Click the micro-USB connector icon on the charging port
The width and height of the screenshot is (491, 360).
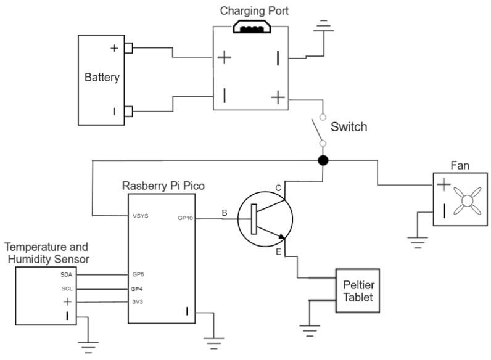(252, 27)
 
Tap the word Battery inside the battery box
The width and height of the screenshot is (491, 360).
(102, 77)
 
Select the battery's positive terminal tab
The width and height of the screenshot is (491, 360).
(128, 48)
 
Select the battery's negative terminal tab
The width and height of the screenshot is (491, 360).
(128, 112)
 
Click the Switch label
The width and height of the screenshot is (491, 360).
(349, 127)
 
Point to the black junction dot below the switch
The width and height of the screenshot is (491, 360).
(323, 160)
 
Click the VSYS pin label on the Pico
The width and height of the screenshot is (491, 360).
(140, 216)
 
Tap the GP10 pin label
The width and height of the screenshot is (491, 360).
(186, 218)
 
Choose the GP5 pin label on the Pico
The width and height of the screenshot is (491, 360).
(138, 274)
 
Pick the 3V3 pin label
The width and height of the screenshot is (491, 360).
(138, 302)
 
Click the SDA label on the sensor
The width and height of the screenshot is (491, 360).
(67, 274)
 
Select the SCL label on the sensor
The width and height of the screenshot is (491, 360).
(67, 288)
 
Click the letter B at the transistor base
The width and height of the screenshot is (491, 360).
(225, 213)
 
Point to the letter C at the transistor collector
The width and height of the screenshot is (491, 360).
(278, 188)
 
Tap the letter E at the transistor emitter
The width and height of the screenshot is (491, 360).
(278, 252)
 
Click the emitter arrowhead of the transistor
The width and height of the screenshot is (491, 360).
(282, 236)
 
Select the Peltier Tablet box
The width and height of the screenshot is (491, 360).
(358, 290)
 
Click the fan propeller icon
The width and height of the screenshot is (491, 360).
(467, 201)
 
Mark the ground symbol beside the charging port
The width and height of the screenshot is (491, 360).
(323, 26)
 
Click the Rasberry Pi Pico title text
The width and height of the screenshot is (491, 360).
(163, 186)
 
